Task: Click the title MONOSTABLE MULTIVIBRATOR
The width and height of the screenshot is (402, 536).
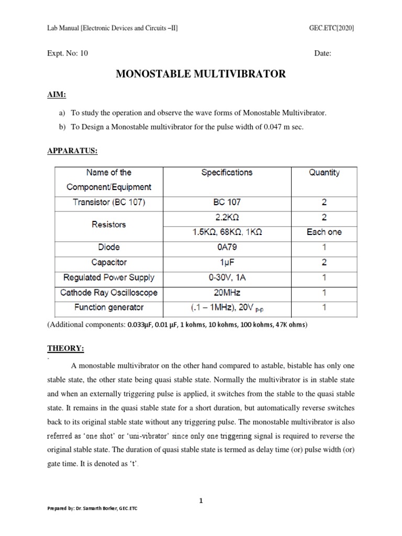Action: click(200, 74)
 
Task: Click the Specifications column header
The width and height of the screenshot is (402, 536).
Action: click(227, 172)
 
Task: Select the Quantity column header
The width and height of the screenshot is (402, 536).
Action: click(324, 172)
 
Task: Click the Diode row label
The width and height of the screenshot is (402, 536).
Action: click(109, 247)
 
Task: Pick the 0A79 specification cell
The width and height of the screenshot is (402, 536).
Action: click(227, 247)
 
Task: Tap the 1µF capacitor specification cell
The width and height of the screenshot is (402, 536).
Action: click(227, 262)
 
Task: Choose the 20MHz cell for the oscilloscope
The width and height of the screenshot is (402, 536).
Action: click(227, 293)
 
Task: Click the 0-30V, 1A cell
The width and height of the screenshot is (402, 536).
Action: click(227, 277)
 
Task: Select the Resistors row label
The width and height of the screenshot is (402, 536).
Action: click(109, 225)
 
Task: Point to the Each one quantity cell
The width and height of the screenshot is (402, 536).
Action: click(324, 232)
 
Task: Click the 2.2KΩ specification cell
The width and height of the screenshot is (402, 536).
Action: click(227, 217)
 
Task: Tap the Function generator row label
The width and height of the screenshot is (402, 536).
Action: click(109, 307)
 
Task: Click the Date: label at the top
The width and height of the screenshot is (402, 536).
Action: click(323, 53)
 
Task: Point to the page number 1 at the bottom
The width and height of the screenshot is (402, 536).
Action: click(201, 501)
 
